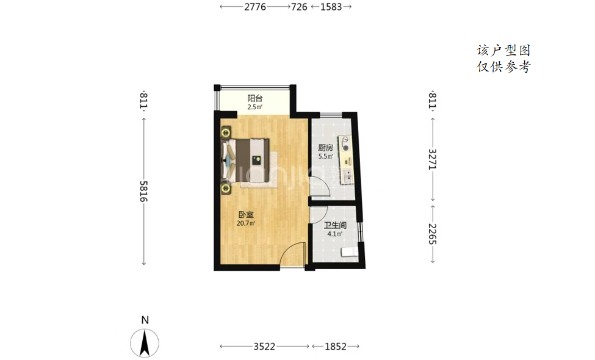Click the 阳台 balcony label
pyautogui.click(x=255, y=98)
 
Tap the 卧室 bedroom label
pyautogui.click(x=246, y=215)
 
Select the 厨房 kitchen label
pyautogui.click(x=326, y=148)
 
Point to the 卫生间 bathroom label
pyautogui.click(x=335, y=225)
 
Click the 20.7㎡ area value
pyautogui.click(x=246, y=223)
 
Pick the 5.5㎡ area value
pyautogui.click(x=326, y=156)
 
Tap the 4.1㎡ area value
pyautogui.click(x=334, y=234)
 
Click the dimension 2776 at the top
pyautogui.click(x=255, y=7)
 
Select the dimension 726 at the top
pyautogui.click(x=299, y=7)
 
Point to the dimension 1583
pyautogui.click(x=331, y=7)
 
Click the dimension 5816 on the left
pyautogui.click(x=143, y=191)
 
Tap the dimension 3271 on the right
pyautogui.click(x=433, y=159)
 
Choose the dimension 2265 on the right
pyautogui.click(x=433, y=234)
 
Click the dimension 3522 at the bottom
pyautogui.click(x=264, y=347)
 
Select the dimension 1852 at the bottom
pyautogui.click(x=336, y=347)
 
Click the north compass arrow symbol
pyautogui.click(x=145, y=342)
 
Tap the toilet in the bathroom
pyautogui.click(x=350, y=251)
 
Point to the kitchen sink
pyautogui.click(x=347, y=175)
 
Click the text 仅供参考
pyautogui.click(x=503, y=67)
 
